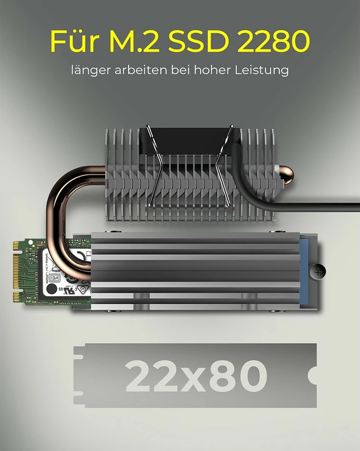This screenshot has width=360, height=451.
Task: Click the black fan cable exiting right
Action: tap(312, 207)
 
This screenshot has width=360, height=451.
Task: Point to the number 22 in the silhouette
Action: tap(149, 376)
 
